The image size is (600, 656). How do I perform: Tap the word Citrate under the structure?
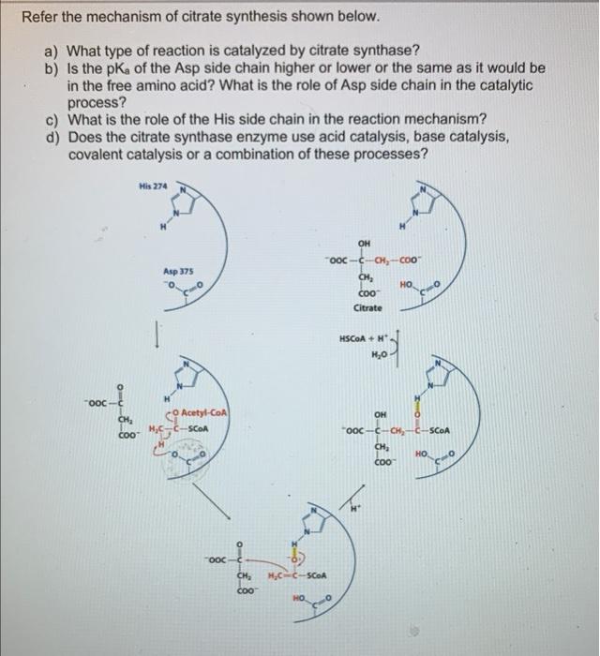pyautogui.click(x=367, y=307)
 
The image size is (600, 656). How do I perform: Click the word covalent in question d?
pyautogui.click(x=99, y=153)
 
